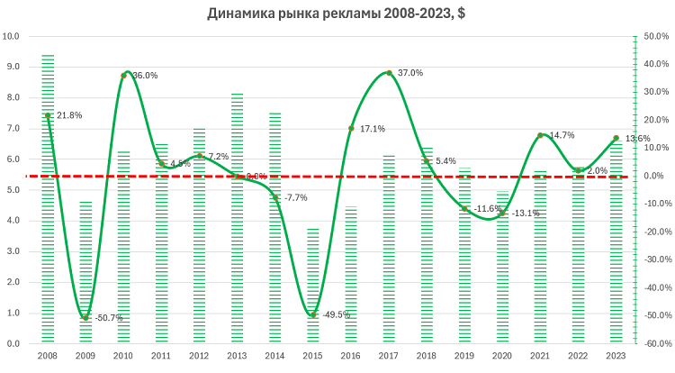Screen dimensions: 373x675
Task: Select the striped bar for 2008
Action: (x=48, y=198)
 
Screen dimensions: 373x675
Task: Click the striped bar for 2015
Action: (x=312, y=286)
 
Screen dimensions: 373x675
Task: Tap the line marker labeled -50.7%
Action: (x=85, y=318)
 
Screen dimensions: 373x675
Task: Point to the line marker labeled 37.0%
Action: (x=388, y=73)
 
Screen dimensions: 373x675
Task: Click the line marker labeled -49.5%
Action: (x=312, y=314)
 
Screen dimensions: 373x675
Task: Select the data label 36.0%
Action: (x=145, y=76)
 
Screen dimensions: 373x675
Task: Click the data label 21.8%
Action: (x=69, y=115)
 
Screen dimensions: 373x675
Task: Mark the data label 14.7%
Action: (x=562, y=135)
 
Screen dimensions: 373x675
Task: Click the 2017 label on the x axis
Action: (x=388, y=356)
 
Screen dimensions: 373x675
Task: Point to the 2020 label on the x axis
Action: (x=501, y=356)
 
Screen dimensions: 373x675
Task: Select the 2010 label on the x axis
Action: (x=123, y=356)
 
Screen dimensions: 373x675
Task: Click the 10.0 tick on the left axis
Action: (x=13, y=37)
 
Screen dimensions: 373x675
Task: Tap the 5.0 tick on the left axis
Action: (x=13, y=190)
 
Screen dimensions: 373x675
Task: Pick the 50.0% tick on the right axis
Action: (x=653, y=37)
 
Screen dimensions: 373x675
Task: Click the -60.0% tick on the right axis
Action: (x=653, y=343)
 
